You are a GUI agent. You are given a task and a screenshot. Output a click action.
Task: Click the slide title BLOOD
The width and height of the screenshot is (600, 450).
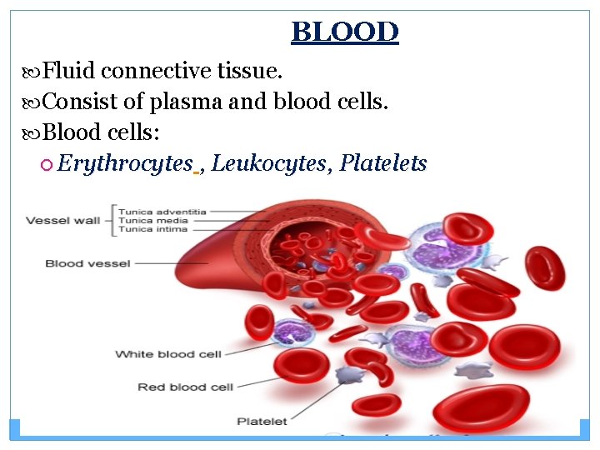[345, 32]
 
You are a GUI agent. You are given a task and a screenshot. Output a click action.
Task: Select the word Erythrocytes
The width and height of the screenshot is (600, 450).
[126, 163]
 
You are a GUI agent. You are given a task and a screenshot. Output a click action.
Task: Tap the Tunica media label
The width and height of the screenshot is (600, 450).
[152, 220]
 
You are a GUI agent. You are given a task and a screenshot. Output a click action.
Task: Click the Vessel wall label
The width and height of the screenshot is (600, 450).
[62, 221]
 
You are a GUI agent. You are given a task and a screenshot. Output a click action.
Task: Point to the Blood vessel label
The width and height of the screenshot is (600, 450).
[87, 264]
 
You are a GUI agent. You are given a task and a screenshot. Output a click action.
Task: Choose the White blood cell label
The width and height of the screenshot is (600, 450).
[167, 354]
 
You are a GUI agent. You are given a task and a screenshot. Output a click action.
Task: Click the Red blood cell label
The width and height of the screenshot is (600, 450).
[185, 387]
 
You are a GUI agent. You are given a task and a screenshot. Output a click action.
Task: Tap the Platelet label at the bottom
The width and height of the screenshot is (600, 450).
[262, 422]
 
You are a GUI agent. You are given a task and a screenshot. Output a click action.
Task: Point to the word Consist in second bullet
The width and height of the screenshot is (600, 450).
[79, 102]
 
